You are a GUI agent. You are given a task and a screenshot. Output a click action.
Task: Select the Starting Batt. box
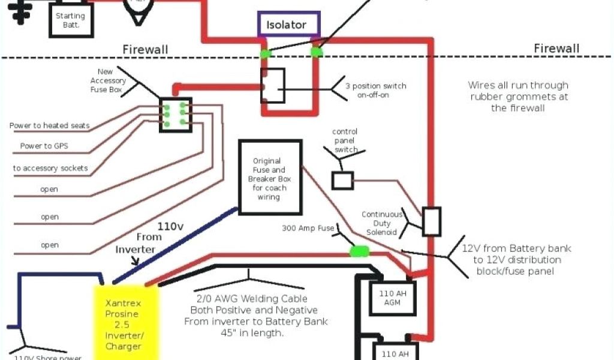71,20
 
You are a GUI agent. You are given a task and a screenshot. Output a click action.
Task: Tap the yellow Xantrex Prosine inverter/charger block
127,321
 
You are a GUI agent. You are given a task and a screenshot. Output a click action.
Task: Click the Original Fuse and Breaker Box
270,178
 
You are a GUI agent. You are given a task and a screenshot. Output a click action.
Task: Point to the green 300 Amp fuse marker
360,250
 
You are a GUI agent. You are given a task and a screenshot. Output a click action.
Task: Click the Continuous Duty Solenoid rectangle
432,221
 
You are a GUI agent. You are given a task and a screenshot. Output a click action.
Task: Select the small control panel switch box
342,180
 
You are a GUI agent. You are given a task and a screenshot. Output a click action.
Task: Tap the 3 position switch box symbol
272,85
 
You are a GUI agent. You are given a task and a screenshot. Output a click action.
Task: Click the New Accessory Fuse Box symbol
175,114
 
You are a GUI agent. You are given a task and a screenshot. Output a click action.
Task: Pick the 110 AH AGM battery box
392,298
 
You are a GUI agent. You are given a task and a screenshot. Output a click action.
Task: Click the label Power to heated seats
50,125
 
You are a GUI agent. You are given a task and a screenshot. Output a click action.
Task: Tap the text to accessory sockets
50,168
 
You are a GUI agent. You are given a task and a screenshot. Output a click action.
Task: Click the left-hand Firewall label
145,49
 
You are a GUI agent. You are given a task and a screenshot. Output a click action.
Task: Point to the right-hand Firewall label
556,48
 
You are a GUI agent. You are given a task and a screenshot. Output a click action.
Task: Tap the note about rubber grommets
518,97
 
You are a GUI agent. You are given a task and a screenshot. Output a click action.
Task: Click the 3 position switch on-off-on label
376,91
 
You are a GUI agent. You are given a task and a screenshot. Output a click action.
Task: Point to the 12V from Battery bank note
517,259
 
